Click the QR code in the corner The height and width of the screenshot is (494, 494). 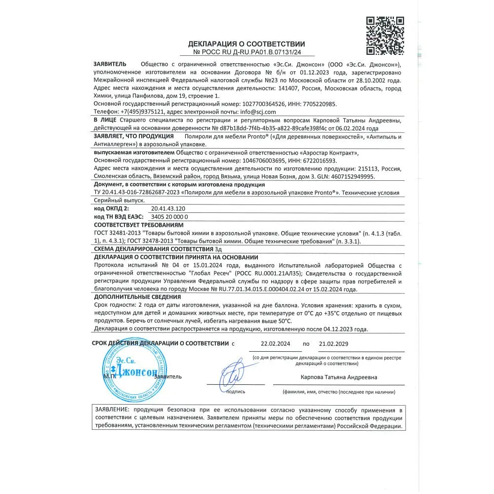pyautogui.click(x=385, y=36)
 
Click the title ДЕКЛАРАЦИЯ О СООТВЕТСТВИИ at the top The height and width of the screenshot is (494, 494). pyautogui.click(x=247, y=44)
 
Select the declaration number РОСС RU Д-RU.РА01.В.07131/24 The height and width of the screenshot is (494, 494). pyautogui.click(x=251, y=52)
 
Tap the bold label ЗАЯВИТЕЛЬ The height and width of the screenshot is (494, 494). pyautogui.click(x=110, y=64)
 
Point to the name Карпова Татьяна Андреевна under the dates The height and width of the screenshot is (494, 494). pyautogui.click(x=338, y=377)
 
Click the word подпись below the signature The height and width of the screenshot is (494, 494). pyautogui.click(x=236, y=392)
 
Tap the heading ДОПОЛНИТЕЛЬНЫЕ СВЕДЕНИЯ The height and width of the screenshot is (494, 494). pyautogui.click(x=137, y=297)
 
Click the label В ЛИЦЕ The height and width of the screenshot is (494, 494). pyautogui.click(x=105, y=120)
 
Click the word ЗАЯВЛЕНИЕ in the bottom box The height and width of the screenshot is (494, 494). pyautogui.click(x=112, y=410)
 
